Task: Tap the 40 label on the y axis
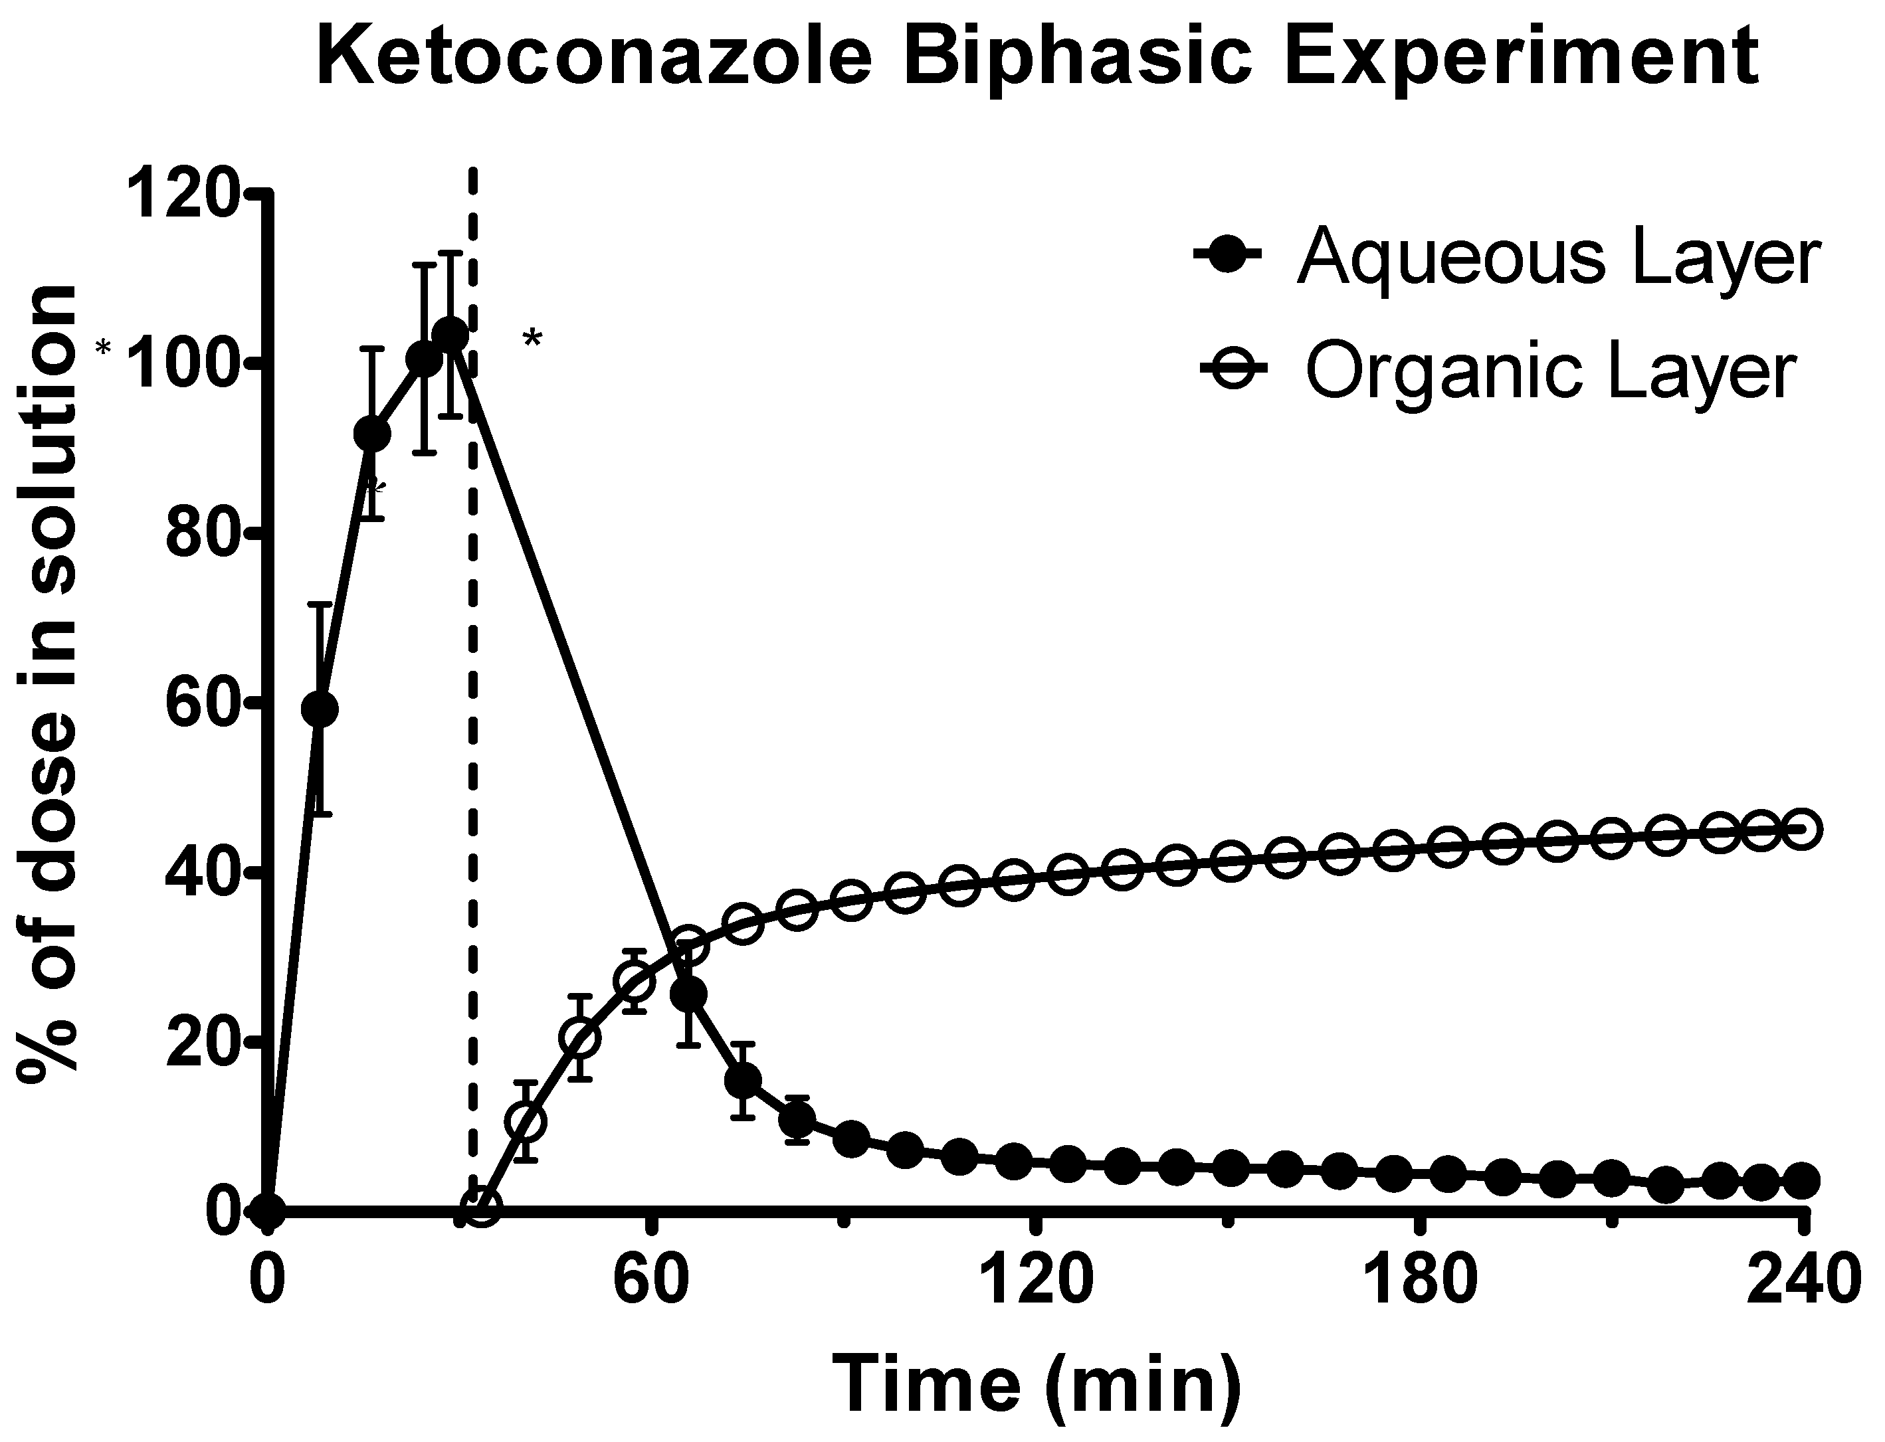(203, 872)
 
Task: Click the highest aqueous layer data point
(450, 334)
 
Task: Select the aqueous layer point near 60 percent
(320, 709)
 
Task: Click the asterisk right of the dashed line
(532, 339)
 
